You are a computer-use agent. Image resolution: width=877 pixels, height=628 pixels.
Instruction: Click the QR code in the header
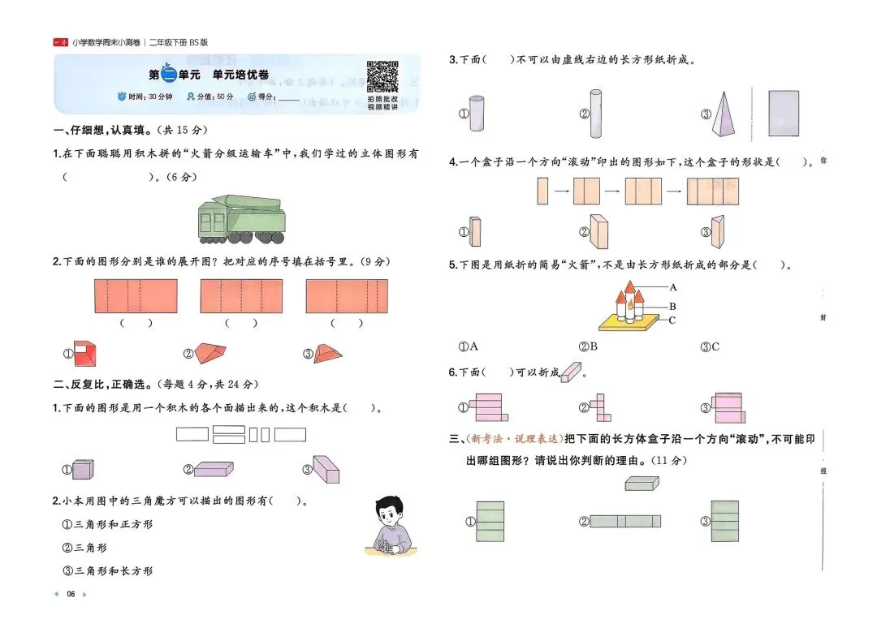click(382, 76)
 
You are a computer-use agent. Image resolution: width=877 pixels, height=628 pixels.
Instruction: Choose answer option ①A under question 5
click(469, 347)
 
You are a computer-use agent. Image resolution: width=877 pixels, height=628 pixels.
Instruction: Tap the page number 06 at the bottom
click(71, 595)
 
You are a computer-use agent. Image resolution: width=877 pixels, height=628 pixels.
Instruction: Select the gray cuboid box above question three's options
click(642, 484)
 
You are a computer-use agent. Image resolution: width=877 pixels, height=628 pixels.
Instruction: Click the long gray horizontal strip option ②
click(624, 522)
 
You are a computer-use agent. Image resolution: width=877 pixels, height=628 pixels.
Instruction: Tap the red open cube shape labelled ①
click(85, 353)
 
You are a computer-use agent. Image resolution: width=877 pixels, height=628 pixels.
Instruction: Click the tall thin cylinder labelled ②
click(597, 114)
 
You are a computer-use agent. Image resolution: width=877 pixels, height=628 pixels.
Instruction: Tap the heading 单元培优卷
click(240, 75)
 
